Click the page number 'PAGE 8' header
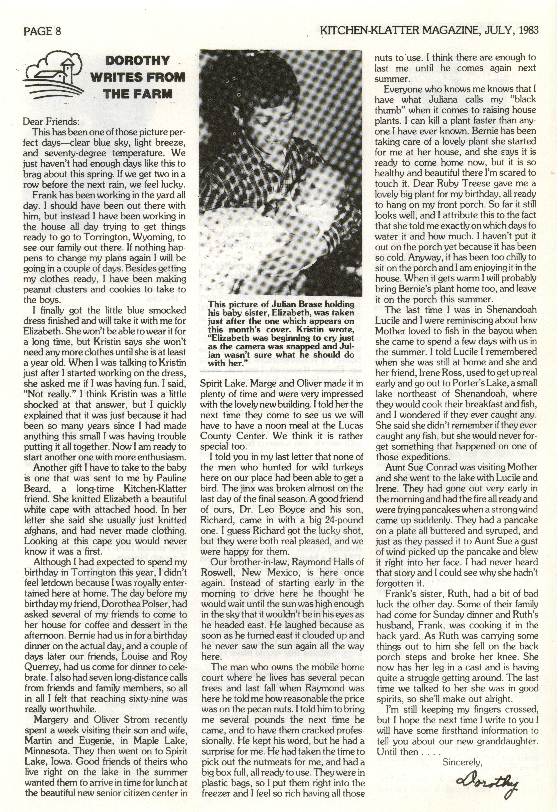pos(42,31)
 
